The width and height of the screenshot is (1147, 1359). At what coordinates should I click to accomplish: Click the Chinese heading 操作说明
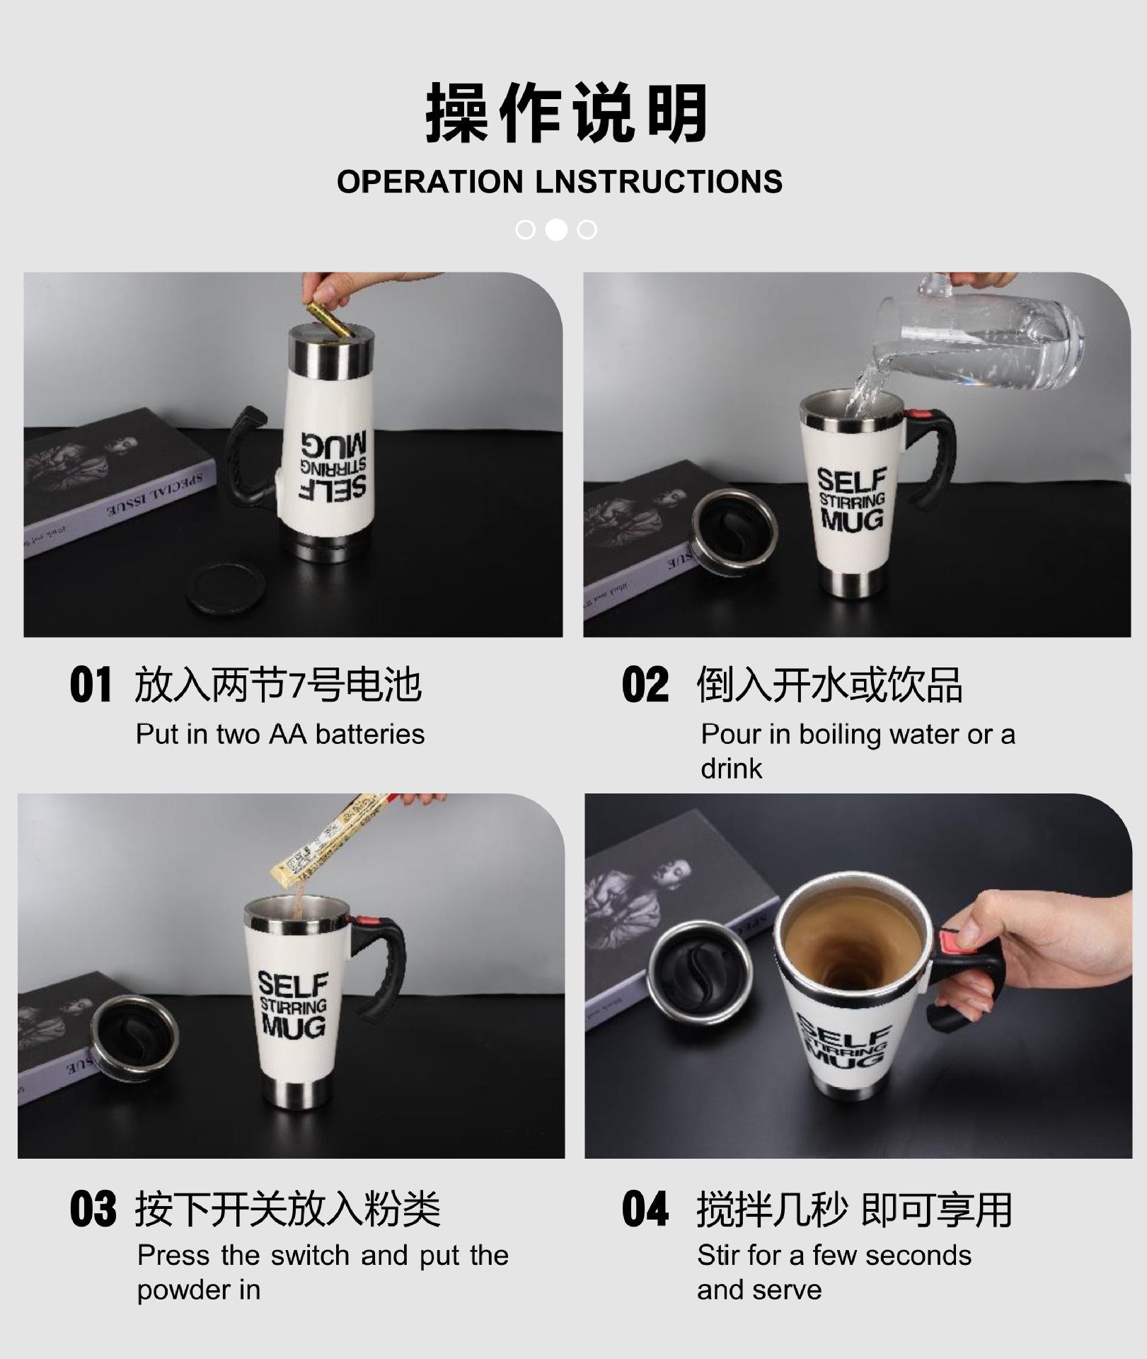pos(566,113)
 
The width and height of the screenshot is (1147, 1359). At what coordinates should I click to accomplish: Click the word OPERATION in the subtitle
pos(429,182)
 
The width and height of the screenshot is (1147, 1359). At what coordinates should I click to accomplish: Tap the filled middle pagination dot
pos(556,229)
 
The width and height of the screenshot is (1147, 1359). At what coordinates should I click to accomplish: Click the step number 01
pos(91,685)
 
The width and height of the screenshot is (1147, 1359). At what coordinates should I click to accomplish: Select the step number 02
pos(645,685)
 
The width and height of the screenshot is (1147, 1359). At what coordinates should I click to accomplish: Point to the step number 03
pos(92,1209)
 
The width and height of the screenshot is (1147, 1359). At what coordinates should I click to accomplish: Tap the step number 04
pos(645,1209)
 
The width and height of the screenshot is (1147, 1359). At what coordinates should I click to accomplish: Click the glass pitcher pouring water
pos(991,340)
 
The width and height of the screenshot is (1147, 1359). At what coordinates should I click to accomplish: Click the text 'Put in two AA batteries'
pos(280,735)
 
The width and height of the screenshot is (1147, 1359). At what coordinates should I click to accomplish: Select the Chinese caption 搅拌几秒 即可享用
pos(854,1209)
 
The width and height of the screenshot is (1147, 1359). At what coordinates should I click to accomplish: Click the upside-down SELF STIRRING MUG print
pos(333,465)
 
